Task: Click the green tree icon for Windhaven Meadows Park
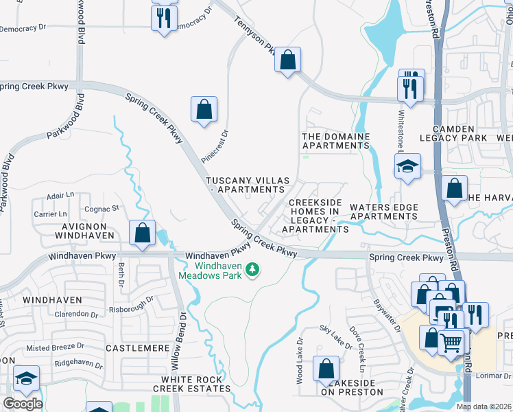[x=253, y=269]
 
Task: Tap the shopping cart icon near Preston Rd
[x=450, y=342]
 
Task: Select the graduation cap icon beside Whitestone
[x=407, y=167]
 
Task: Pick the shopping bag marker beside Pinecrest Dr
[x=204, y=109]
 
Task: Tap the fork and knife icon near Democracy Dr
[x=163, y=19]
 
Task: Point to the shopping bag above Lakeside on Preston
[x=326, y=369]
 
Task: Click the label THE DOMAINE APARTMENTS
[x=336, y=141]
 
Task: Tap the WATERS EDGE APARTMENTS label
[x=383, y=211]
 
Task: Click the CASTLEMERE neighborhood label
[x=138, y=349]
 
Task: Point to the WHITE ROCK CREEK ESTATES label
[x=191, y=384]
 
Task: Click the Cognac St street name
[x=102, y=208]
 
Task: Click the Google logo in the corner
[x=22, y=403]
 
